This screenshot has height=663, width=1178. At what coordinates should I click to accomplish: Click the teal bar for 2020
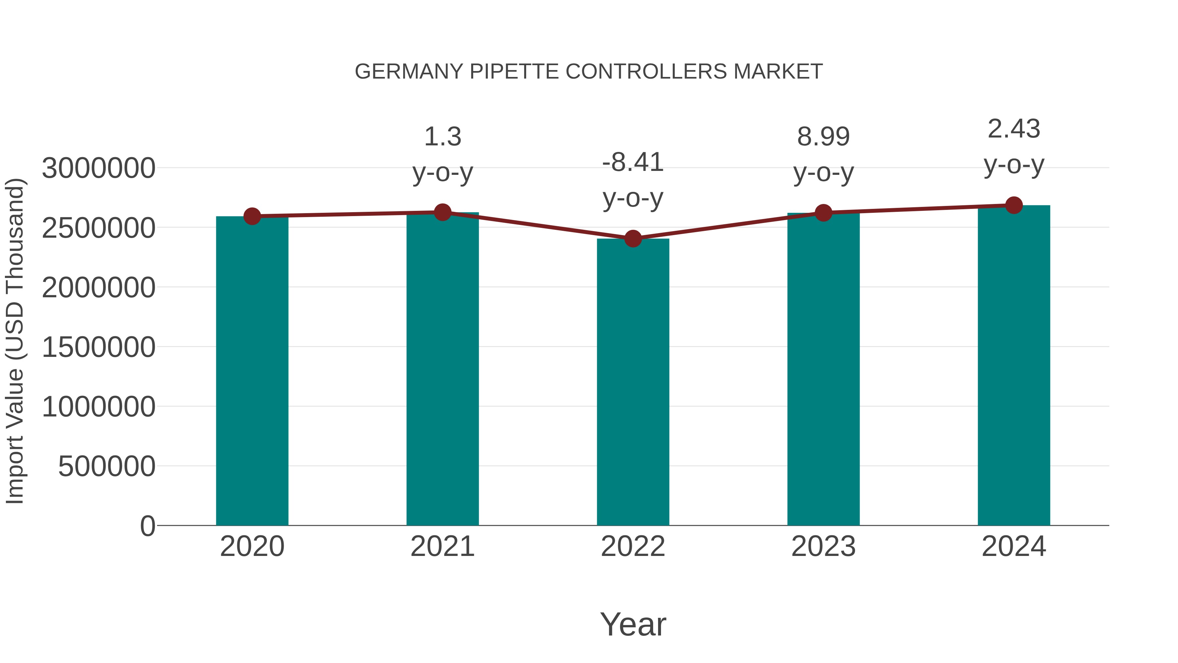(252, 371)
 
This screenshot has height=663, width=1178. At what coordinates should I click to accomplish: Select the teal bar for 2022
(633, 382)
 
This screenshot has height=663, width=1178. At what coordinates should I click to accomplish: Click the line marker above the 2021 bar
(442, 212)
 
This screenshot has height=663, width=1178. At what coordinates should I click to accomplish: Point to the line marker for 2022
(633, 238)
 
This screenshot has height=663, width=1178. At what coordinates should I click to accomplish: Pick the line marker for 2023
(823, 213)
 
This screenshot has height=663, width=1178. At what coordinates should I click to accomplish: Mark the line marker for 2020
(252, 216)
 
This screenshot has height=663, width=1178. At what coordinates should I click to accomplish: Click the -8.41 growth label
(633, 162)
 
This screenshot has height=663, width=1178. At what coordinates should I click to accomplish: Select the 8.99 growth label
(823, 136)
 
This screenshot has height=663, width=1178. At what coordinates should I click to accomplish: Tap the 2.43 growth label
(1014, 129)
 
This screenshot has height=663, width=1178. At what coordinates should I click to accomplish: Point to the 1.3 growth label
(442, 136)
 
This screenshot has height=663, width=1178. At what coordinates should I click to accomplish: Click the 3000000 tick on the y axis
(98, 168)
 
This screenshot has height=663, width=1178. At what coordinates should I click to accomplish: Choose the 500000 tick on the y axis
(107, 466)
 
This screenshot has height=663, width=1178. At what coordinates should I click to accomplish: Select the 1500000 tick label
(98, 347)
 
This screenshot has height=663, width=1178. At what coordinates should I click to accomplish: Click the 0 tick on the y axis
(147, 526)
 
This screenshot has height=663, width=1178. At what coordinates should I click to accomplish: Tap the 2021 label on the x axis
(442, 546)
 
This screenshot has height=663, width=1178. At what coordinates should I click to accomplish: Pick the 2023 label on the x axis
(823, 546)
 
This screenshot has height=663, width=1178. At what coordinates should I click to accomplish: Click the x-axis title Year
(633, 624)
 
